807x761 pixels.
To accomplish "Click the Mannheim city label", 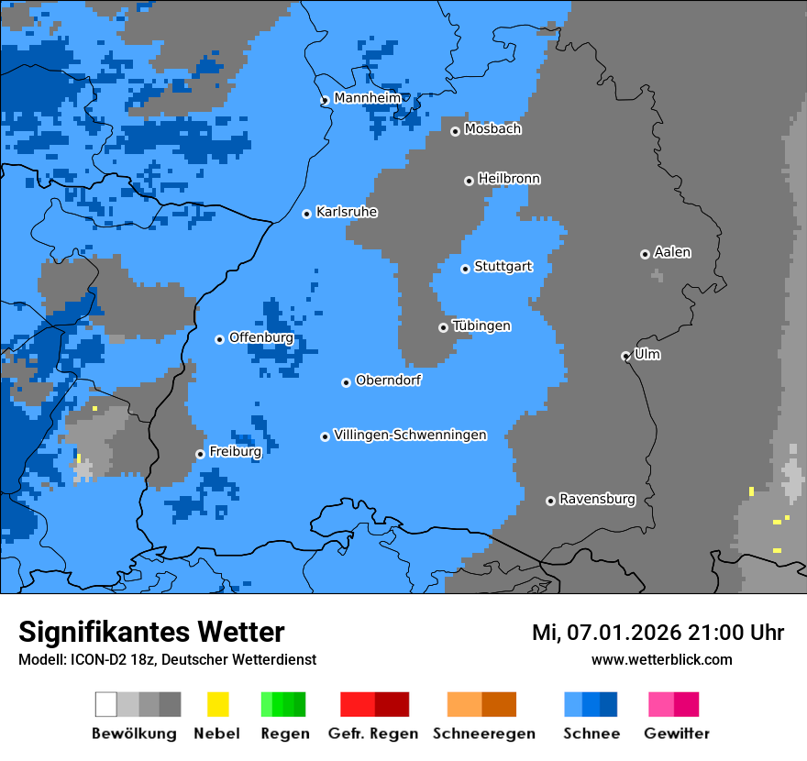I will [368, 98].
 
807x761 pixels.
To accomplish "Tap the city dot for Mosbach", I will [455, 131].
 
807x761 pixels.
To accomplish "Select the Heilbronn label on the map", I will [509, 179].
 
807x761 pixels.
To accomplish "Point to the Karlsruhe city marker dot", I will [307, 214].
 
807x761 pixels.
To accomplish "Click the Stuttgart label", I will [503, 267].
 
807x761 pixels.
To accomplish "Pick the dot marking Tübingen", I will [444, 327].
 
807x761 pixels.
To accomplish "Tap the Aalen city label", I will [672, 252].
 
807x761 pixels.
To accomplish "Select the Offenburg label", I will [261, 337].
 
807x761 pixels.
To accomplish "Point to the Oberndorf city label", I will [389, 380].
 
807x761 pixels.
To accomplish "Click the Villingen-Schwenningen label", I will [410, 435].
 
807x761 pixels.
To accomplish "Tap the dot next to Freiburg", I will [200, 454].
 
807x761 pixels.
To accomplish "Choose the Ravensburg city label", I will [597, 500].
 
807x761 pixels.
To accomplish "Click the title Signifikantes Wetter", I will [151, 633].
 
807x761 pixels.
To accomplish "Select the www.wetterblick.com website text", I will [661, 659].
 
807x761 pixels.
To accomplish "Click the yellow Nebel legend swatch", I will [217, 704].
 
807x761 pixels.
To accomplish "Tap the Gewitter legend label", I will [677, 733].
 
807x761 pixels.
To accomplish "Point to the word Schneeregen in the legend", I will [484, 733].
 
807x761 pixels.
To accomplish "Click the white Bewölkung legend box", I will [106, 704].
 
